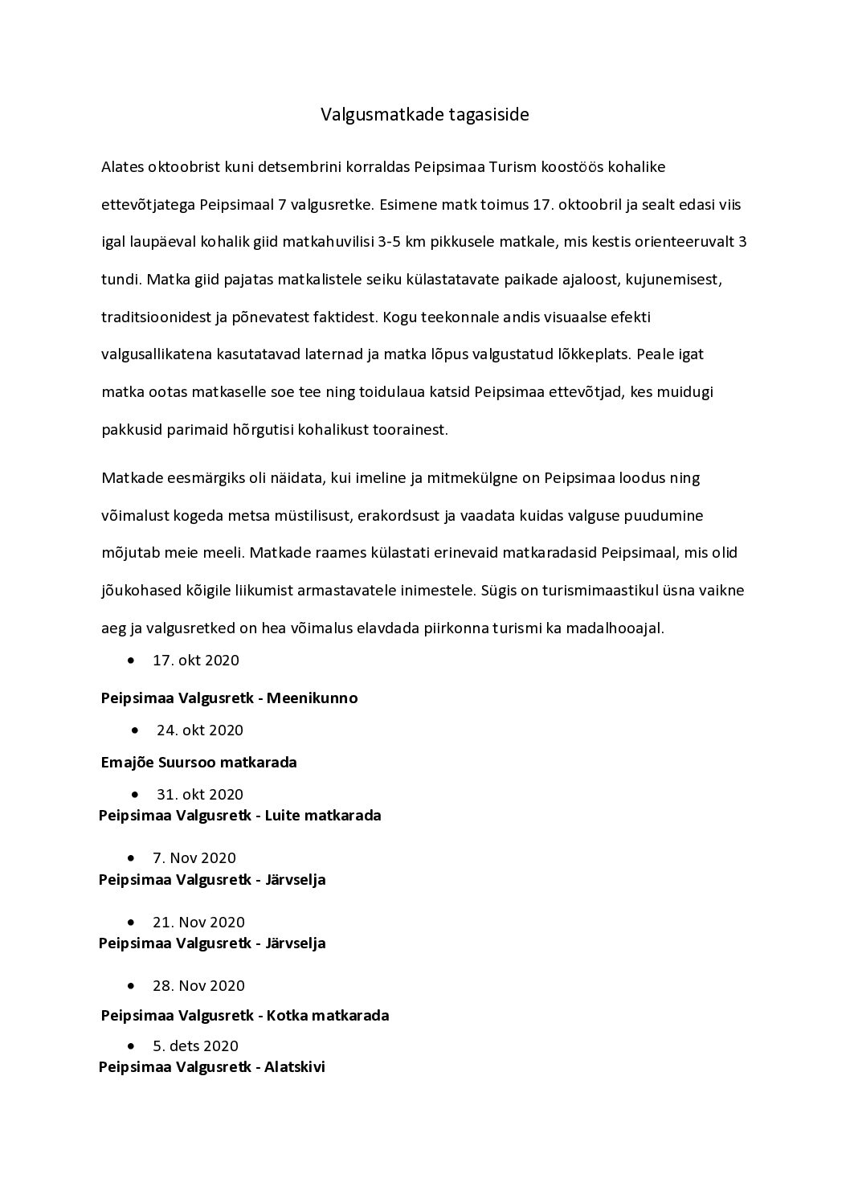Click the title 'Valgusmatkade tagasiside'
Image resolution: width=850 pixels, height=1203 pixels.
pos(425,114)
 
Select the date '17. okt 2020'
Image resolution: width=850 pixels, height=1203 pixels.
pos(196,661)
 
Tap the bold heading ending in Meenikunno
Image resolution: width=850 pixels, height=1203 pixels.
pos(229,698)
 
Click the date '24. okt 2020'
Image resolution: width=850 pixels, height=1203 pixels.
pos(200,730)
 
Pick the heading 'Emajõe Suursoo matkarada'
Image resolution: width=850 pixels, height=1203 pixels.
pos(199,762)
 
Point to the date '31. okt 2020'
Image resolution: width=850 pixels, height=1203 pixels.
pos(200,794)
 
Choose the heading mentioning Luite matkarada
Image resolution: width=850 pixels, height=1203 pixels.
pos(239,815)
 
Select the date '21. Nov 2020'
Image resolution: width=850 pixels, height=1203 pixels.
pos(198,922)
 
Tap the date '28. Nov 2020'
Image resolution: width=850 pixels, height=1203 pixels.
pos(198,985)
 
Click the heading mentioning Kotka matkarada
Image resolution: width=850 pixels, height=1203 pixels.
pos(245,1015)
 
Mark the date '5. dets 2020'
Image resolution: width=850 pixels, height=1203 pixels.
pos(195,1045)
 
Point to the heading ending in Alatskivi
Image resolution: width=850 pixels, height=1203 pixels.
pos(212,1067)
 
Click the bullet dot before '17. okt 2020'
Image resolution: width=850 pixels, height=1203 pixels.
pos(131,661)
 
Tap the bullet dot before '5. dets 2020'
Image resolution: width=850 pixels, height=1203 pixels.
pos(131,1045)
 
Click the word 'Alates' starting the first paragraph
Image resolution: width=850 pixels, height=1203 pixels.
pos(122,167)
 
